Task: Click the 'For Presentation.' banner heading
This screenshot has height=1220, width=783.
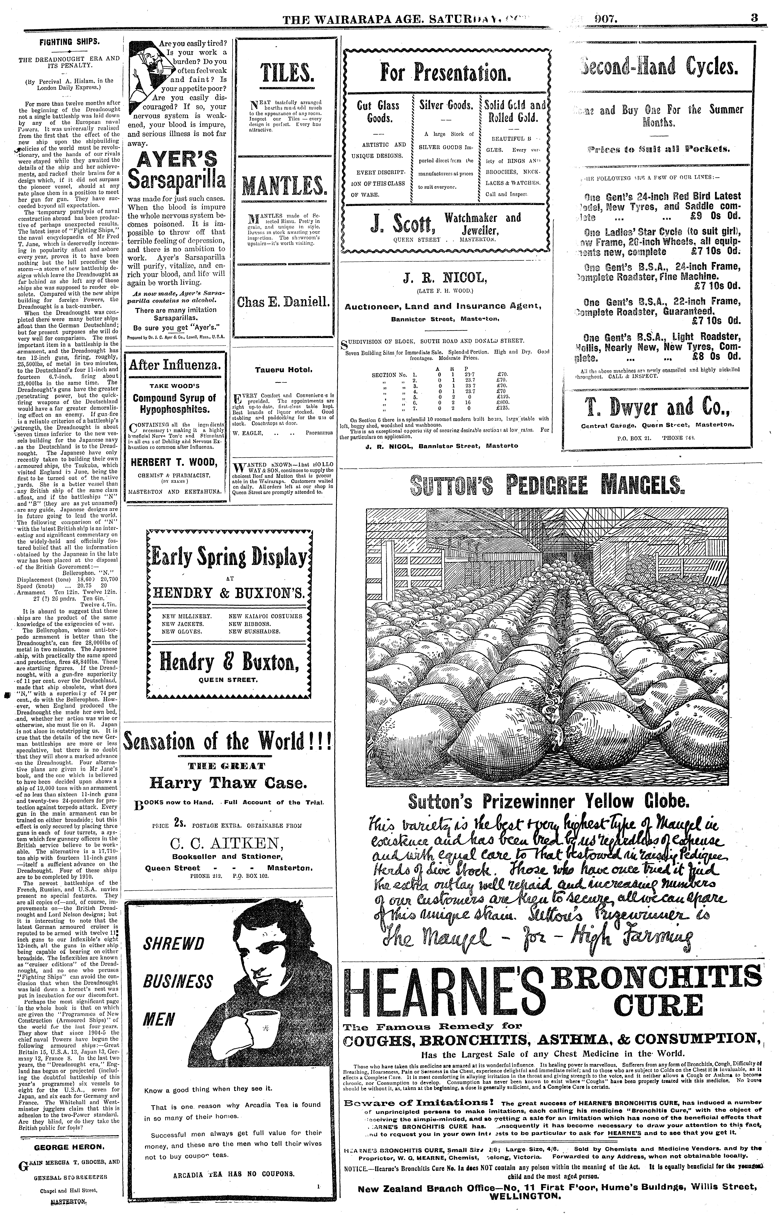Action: pyautogui.click(x=446, y=73)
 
